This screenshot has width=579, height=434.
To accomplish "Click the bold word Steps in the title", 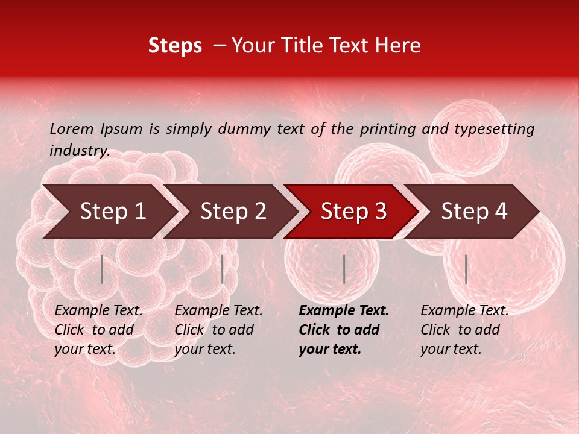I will click(175, 46).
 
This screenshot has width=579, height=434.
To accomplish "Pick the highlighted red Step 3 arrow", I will click(353, 212).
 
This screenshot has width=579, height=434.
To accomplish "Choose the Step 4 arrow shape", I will click(474, 212).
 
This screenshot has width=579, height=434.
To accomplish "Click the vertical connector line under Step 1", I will click(102, 269).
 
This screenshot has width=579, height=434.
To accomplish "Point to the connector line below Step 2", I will click(223, 269).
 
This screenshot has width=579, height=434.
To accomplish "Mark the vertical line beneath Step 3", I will click(344, 269).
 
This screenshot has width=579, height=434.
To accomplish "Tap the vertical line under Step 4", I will click(466, 269).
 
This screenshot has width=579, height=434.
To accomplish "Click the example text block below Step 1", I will click(98, 330).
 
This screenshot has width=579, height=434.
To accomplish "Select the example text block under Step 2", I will click(218, 330).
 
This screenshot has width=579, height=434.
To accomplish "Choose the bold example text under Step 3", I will click(344, 330).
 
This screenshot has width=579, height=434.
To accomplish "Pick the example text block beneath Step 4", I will click(464, 330).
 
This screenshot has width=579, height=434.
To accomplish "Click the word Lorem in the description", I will click(72, 128).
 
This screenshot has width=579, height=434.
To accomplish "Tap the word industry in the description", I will click(79, 151).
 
